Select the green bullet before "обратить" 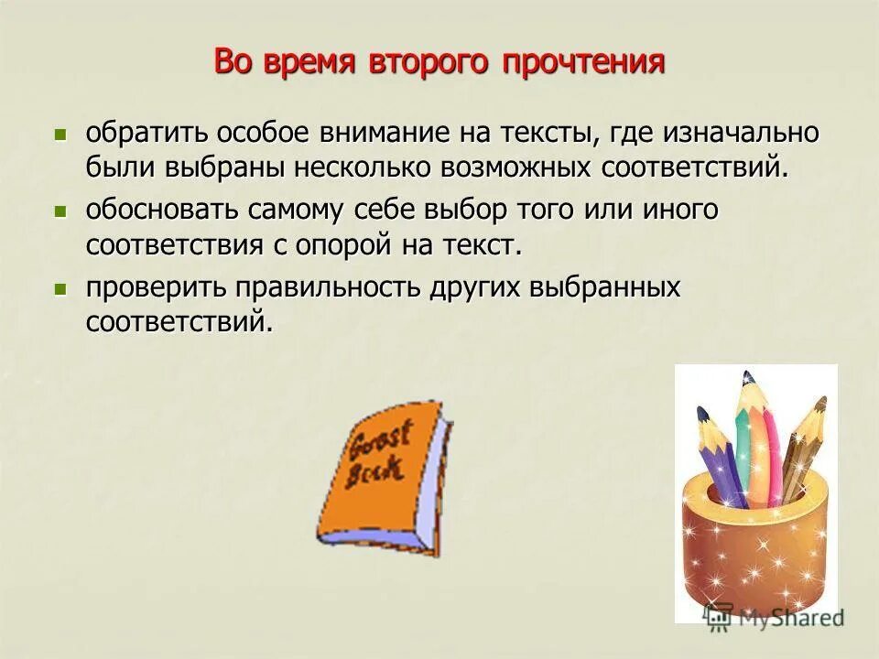61,134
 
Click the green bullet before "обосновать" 61,211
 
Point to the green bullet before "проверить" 61,289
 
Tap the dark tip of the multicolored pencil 747,377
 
